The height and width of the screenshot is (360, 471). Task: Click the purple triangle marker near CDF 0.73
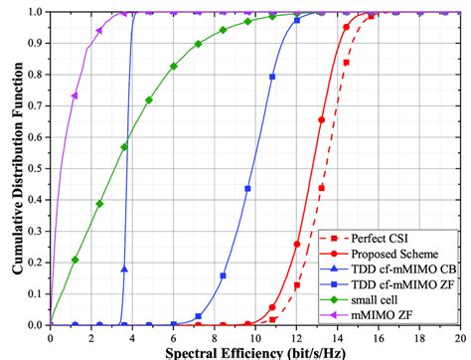pos(76,95)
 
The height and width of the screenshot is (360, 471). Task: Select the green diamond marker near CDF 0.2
pos(76,260)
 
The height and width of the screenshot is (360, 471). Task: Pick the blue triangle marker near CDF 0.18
pos(124,269)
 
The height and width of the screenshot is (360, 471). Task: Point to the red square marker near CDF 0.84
pos(346,62)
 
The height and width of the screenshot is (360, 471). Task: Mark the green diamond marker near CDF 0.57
pos(124,147)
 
